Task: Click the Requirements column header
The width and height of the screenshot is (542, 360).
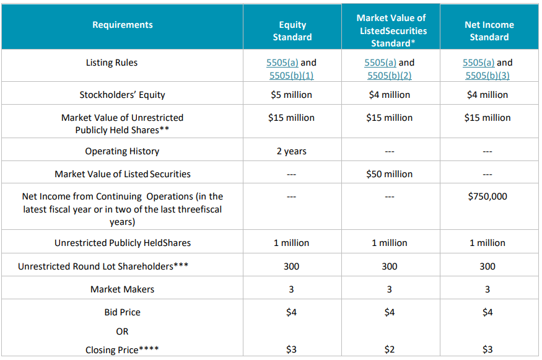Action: click(x=123, y=25)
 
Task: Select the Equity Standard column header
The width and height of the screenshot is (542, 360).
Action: click(x=292, y=31)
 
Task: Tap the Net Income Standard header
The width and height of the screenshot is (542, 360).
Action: click(x=489, y=31)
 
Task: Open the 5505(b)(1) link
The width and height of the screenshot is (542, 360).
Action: click(x=291, y=76)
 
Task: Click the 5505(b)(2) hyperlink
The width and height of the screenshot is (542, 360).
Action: click(x=390, y=76)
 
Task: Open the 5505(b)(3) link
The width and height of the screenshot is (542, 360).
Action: click(x=487, y=76)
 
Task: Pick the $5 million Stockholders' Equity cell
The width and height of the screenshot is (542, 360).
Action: click(x=291, y=95)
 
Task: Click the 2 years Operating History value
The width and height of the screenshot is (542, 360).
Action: click(x=291, y=151)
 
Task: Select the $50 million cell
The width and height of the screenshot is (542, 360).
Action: click(x=390, y=174)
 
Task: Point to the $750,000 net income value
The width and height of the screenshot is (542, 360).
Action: click(x=487, y=196)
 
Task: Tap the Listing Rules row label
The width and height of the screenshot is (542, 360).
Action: click(x=111, y=63)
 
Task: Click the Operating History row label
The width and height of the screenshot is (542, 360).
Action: click(x=123, y=151)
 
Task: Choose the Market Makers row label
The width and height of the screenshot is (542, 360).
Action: click(x=123, y=289)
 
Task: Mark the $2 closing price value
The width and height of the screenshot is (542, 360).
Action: click(x=390, y=349)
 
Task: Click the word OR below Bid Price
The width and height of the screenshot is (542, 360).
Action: click(x=123, y=331)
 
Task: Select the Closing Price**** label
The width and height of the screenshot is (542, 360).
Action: click(x=123, y=349)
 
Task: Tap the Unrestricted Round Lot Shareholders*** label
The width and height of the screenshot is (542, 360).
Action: click(x=103, y=266)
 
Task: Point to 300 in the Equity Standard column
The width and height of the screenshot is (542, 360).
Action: click(x=291, y=266)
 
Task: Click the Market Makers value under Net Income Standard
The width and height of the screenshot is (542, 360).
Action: click(x=487, y=289)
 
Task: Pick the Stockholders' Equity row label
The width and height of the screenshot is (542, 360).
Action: click(x=123, y=95)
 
